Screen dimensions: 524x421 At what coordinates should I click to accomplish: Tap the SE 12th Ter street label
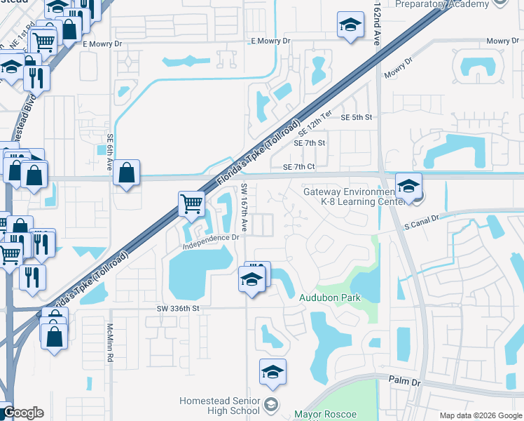pyautogui.click(x=315, y=124)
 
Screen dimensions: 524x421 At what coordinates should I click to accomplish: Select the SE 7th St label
pyautogui.click(x=310, y=143)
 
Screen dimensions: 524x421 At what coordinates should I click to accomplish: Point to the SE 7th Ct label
pyautogui.click(x=300, y=167)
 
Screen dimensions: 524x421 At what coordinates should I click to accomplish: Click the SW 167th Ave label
pyautogui.click(x=244, y=208)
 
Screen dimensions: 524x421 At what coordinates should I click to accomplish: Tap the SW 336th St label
pyautogui.click(x=178, y=307)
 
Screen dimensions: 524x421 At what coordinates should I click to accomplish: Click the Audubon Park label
pyautogui.click(x=330, y=298)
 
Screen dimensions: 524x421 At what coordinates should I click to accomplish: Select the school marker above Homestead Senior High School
pyautogui.click(x=273, y=373)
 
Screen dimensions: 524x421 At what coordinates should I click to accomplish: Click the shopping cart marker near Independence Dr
pyautogui.click(x=191, y=205)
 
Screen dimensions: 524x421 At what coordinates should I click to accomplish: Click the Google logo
pyautogui.click(x=22, y=413)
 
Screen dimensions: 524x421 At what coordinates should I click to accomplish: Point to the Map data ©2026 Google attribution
pyautogui.click(x=480, y=415)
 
